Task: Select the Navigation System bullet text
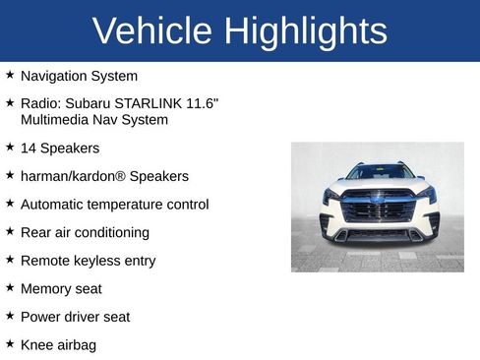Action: tap(79, 76)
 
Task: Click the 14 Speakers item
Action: tap(60, 149)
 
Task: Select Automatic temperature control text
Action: tap(114, 205)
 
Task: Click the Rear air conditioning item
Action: tap(85, 233)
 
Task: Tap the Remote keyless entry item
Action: tap(88, 261)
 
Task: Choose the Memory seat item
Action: tap(61, 289)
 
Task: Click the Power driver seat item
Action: tap(75, 317)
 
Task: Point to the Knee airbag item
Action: tap(58, 345)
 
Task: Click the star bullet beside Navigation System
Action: tap(10, 75)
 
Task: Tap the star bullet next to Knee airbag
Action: tap(10, 344)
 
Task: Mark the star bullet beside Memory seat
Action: tap(10, 288)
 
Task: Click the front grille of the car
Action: tap(379, 210)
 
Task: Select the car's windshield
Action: tap(380, 172)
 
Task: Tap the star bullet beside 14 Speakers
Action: tap(10, 148)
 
